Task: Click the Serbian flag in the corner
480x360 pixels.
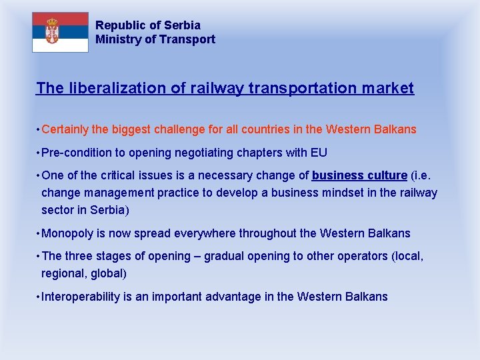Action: pos(60,32)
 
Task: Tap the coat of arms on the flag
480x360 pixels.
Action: pos(52,31)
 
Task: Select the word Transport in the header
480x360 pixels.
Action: pos(187,39)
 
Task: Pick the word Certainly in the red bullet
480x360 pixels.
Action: pos(65,129)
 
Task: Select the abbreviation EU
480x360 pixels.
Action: pos(319,153)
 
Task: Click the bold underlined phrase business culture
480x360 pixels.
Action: pos(359,175)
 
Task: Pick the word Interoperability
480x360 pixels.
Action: pos(81,297)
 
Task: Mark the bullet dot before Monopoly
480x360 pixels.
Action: pos(37,234)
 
